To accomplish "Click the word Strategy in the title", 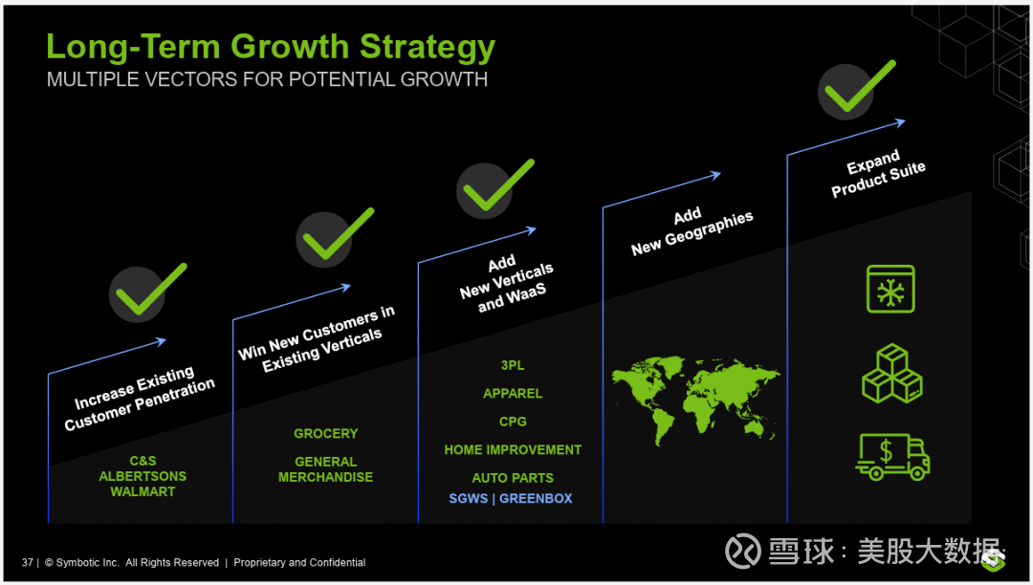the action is [x=428, y=48].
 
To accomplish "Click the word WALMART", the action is [x=143, y=491].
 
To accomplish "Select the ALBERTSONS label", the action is [x=143, y=476].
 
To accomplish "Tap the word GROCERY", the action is [x=325, y=434].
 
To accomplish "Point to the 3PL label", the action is [x=513, y=365].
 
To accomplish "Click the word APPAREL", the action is [x=513, y=394].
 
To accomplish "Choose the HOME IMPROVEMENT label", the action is [x=513, y=450].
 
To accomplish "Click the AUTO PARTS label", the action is [x=513, y=478].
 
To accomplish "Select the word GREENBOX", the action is [x=536, y=499].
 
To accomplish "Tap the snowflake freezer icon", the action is [x=890, y=289].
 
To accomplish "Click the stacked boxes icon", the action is [x=892, y=374].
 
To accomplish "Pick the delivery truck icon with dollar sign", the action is [x=892, y=456].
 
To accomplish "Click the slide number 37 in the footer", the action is [x=27, y=563].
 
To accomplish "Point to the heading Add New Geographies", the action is [x=692, y=232].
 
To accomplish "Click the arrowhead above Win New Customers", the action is [x=345, y=287].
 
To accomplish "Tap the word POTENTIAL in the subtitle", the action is [x=341, y=79].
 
